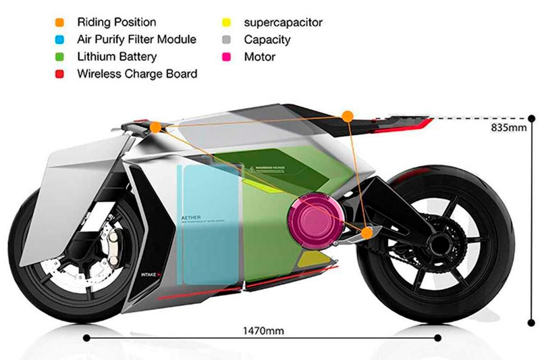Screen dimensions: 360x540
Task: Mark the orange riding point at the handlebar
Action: pos(156,127)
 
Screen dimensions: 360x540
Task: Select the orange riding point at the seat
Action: pos(347,116)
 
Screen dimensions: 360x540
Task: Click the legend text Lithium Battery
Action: pos(117,57)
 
